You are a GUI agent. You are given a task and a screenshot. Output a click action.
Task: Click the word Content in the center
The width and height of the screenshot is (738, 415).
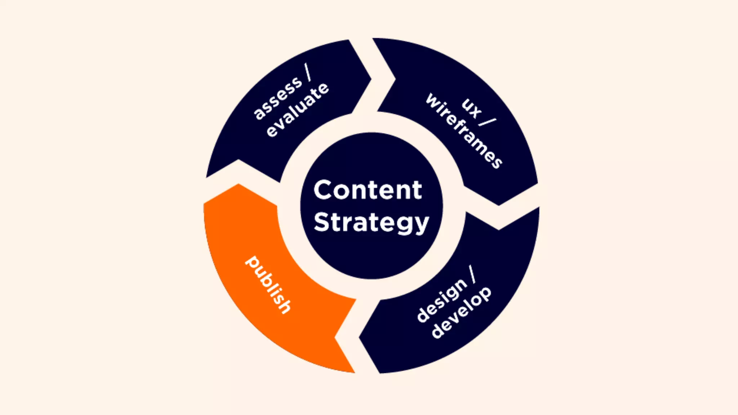coord(368,190)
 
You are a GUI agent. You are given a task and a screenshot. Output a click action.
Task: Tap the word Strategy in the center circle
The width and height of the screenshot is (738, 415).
coord(371,222)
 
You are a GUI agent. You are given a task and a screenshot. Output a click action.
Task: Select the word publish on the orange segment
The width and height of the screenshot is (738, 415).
coord(268,285)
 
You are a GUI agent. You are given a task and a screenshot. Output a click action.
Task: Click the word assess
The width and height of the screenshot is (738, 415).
coord(277,98)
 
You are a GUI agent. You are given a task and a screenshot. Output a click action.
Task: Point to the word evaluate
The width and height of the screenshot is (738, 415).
coord(298,110)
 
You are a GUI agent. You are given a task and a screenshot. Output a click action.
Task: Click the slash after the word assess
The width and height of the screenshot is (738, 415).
coord(308,72)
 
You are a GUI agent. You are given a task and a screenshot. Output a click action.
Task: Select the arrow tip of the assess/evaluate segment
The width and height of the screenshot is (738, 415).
coord(370,78)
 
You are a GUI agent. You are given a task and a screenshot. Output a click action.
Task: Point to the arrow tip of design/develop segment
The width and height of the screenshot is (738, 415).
coord(360,338)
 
